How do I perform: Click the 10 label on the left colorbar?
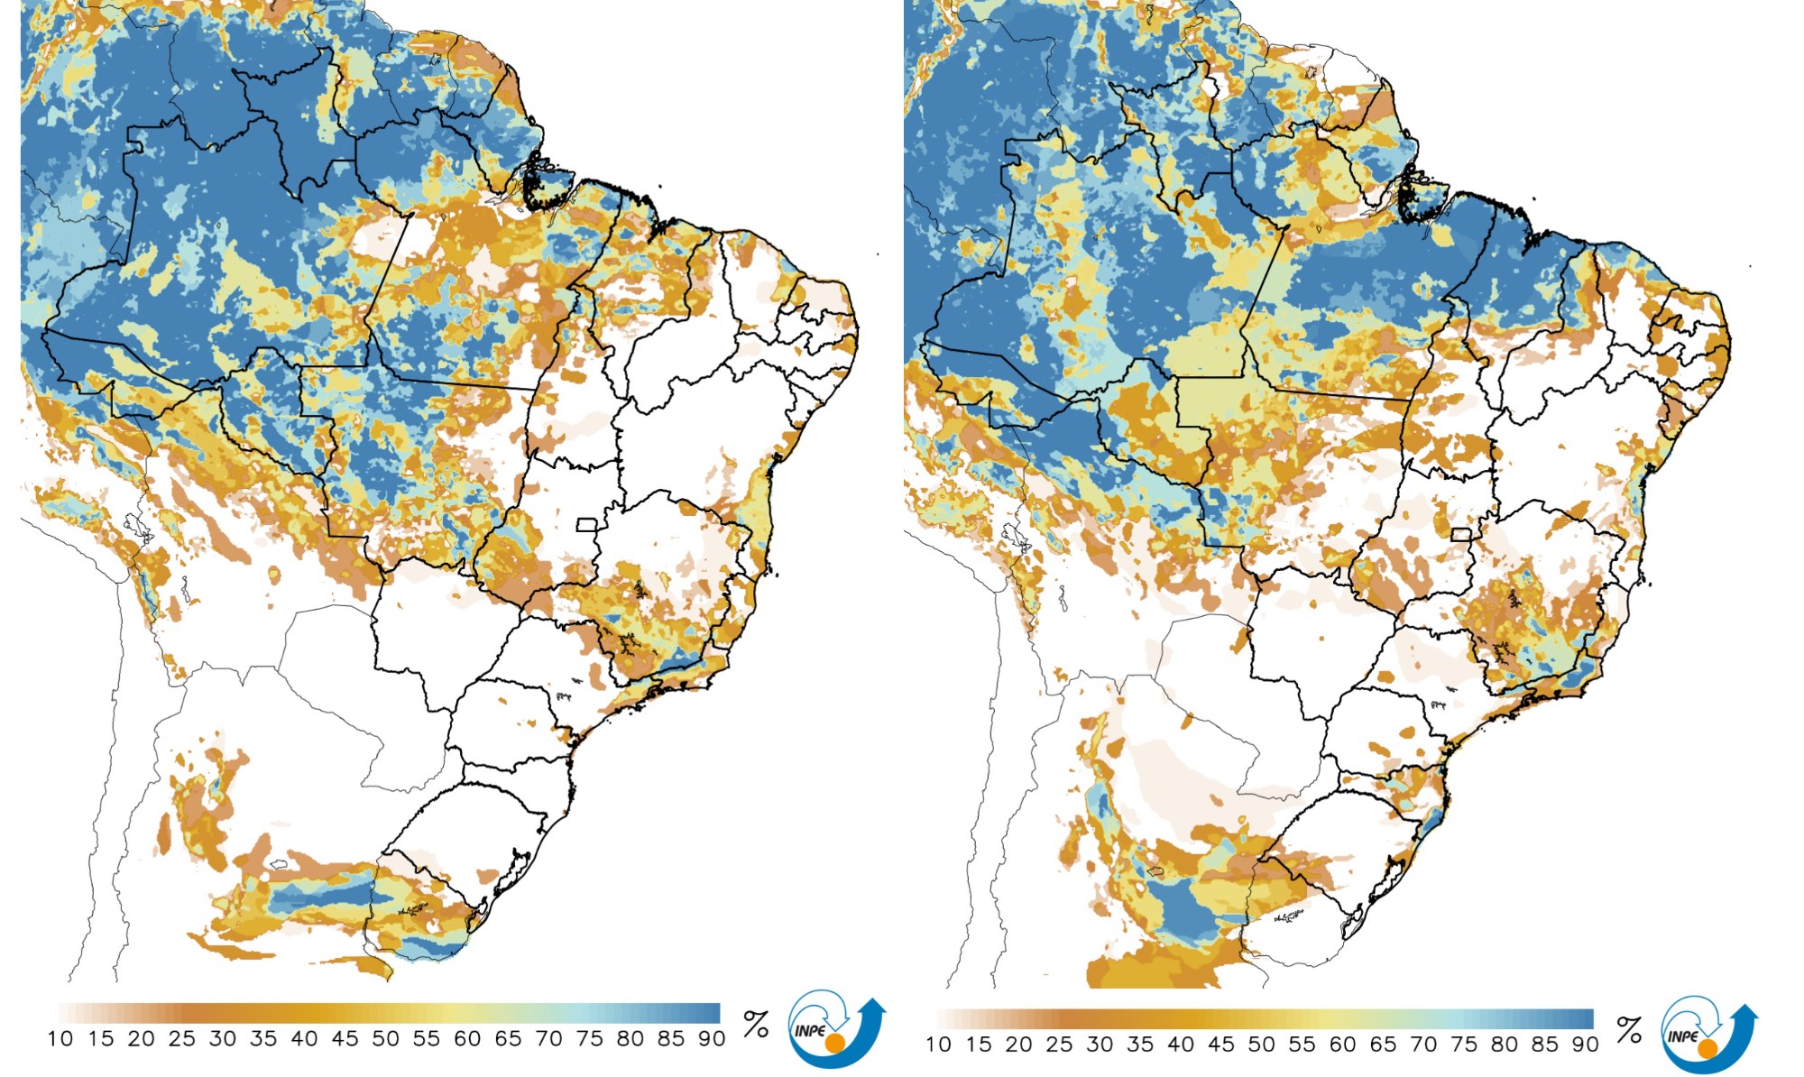click(60, 1039)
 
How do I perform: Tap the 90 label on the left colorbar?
click(712, 1039)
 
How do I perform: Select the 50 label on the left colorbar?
click(386, 1039)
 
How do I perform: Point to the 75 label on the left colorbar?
click(589, 1039)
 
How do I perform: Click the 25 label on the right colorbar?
click(1059, 1045)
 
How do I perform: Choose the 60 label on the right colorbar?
click(1342, 1045)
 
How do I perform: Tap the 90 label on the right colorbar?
click(1585, 1045)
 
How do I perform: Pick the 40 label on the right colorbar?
click(1181, 1045)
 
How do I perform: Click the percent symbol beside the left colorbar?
click(756, 1024)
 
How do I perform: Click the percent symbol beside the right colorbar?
click(1629, 1030)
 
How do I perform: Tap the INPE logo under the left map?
click(835, 1030)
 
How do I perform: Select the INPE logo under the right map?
click(1707, 1036)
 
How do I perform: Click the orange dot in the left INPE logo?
click(836, 1043)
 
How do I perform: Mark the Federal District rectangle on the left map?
click(587, 525)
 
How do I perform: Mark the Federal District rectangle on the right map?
click(1461, 535)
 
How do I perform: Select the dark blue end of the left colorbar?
click(709, 1013)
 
